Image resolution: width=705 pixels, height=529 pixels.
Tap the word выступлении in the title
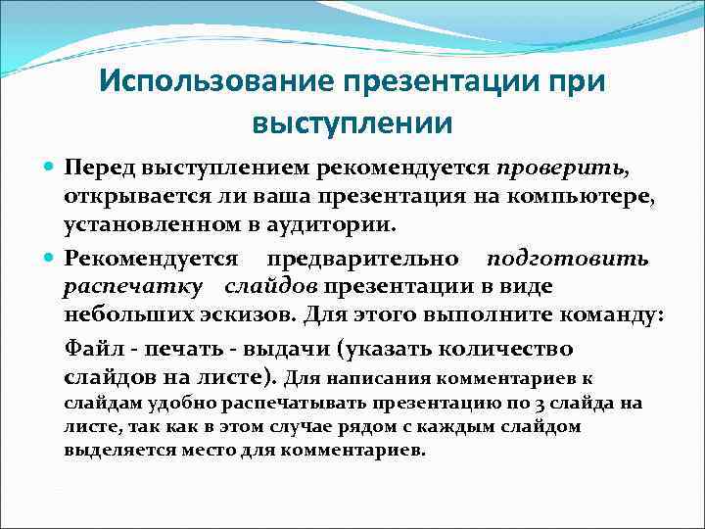[x=352, y=124]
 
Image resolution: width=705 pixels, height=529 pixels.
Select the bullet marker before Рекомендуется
[x=50, y=259]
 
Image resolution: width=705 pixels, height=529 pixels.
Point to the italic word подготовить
[x=568, y=259]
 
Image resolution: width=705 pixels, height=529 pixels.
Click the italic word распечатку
[x=134, y=287]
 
